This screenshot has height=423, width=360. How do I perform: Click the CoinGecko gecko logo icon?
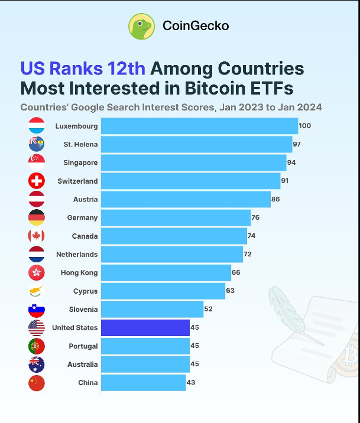click(142, 27)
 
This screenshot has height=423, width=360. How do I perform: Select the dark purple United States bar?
click(145, 327)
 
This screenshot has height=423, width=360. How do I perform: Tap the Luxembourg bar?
click(199, 126)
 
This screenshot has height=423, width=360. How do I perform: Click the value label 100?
click(304, 126)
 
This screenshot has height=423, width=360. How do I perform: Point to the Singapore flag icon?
click(37, 162)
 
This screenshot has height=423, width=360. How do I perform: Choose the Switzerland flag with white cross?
click(37, 181)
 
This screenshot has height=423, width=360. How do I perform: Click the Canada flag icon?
click(37, 236)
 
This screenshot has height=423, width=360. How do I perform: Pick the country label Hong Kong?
click(79, 273)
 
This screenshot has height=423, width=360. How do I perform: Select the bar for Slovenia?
click(152, 309)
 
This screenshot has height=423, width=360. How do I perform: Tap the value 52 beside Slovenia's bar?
click(208, 309)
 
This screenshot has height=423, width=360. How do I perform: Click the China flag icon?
click(37, 383)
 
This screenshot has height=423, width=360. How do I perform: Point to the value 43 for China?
click(191, 383)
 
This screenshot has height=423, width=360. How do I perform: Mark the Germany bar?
click(176, 218)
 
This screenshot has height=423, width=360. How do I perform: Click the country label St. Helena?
click(80, 144)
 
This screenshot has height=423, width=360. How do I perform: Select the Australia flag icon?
click(37, 365)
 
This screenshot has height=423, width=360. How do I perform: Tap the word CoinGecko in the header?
click(196, 26)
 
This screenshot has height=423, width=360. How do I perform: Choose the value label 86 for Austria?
click(275, 200)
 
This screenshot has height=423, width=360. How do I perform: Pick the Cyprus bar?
click(163, 291)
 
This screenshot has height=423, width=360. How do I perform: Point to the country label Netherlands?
click(77, 255)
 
